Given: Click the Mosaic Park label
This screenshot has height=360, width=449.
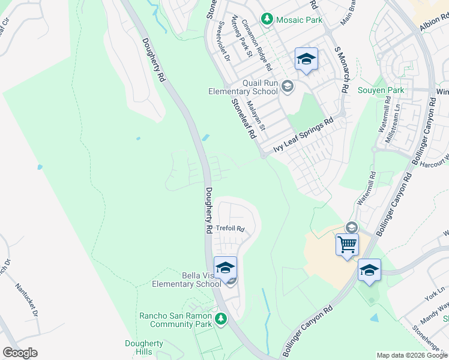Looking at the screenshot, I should click(299, 20).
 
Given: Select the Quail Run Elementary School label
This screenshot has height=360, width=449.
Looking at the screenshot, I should click(243, 87).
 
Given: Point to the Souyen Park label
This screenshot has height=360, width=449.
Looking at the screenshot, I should click(381, 91).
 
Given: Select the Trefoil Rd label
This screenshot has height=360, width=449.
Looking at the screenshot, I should click(231, 229).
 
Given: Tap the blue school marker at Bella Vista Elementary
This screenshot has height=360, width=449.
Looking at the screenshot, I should click(225, 268).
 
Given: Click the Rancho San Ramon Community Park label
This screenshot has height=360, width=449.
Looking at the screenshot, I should click(175, 320).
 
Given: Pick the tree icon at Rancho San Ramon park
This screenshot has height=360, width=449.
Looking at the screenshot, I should click(221, 318).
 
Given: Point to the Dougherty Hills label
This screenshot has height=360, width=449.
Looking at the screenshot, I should click(143, 347).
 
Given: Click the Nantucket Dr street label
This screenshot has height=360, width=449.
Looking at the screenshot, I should click(27, 301).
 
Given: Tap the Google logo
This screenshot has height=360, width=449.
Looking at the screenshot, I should click(20, 353).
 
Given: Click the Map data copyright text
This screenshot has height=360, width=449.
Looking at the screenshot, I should click(412, 355).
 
